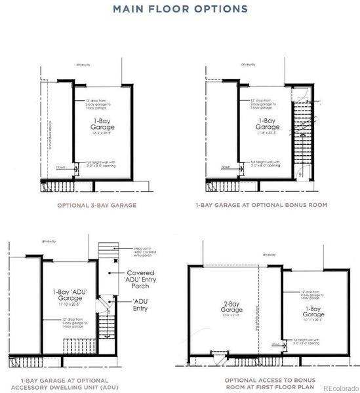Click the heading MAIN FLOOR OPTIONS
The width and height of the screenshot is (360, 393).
[180, 9]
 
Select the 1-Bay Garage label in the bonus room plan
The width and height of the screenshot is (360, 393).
[266, 124]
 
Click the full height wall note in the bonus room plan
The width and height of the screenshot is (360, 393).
[266, 164]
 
